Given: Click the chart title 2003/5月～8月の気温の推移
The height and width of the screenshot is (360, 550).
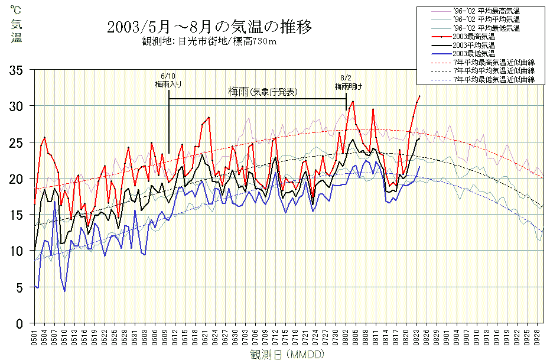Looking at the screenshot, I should (x=210, y=27).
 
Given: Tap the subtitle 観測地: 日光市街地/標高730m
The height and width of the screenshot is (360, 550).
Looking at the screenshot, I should (x=210, y=41).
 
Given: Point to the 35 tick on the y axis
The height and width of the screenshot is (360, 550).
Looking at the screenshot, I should (x=22, y=70).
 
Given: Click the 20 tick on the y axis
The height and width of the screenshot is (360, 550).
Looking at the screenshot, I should (x=22, y=179).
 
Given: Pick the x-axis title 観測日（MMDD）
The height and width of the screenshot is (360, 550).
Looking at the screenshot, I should (x=285, y=354).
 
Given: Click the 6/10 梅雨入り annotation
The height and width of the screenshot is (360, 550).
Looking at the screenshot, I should (x=168, y=81).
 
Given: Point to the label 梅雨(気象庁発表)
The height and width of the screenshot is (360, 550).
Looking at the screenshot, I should (x=262, y=92).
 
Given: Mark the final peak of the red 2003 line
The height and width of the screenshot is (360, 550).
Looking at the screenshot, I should (x=419, y=96).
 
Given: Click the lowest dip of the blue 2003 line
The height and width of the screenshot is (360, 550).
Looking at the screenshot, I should (x=64, y=291).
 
